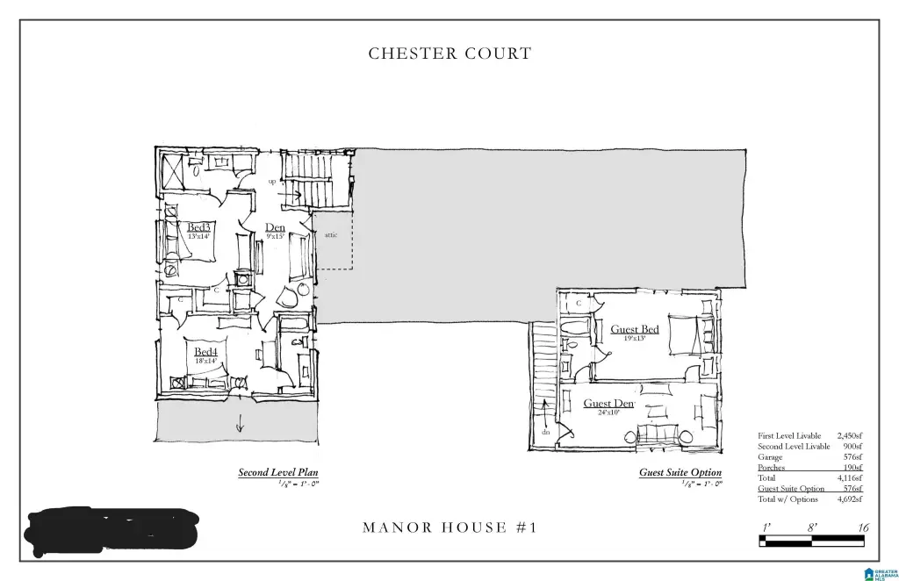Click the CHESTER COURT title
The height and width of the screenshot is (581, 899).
click(x=449, y=54)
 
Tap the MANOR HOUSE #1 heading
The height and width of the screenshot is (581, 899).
click(x=449, y=527)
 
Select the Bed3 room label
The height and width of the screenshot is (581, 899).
click(x=198, y=227)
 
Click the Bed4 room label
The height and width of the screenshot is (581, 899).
click(x=205, y=352)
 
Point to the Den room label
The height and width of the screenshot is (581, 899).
click(x=275, y=227)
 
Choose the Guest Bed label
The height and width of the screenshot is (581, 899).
click(x=634, y=329)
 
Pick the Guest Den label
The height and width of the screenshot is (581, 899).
click(x=608, y=404)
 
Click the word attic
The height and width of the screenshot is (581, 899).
click(x=331, y=235)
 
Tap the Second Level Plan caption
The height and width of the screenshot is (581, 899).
click(x=278, y=472)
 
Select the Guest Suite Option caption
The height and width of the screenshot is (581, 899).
click(x=680, y=472)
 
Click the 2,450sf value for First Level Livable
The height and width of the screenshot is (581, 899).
click(x=849, y=435)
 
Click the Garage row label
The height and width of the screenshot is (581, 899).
click(x=770, y=457)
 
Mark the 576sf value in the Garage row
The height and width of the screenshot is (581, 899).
click(x=852, y=457)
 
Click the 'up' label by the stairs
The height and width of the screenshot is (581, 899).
click(x=272, y=181)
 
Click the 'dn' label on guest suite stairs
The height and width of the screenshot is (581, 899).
click(x=545, y=432)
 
